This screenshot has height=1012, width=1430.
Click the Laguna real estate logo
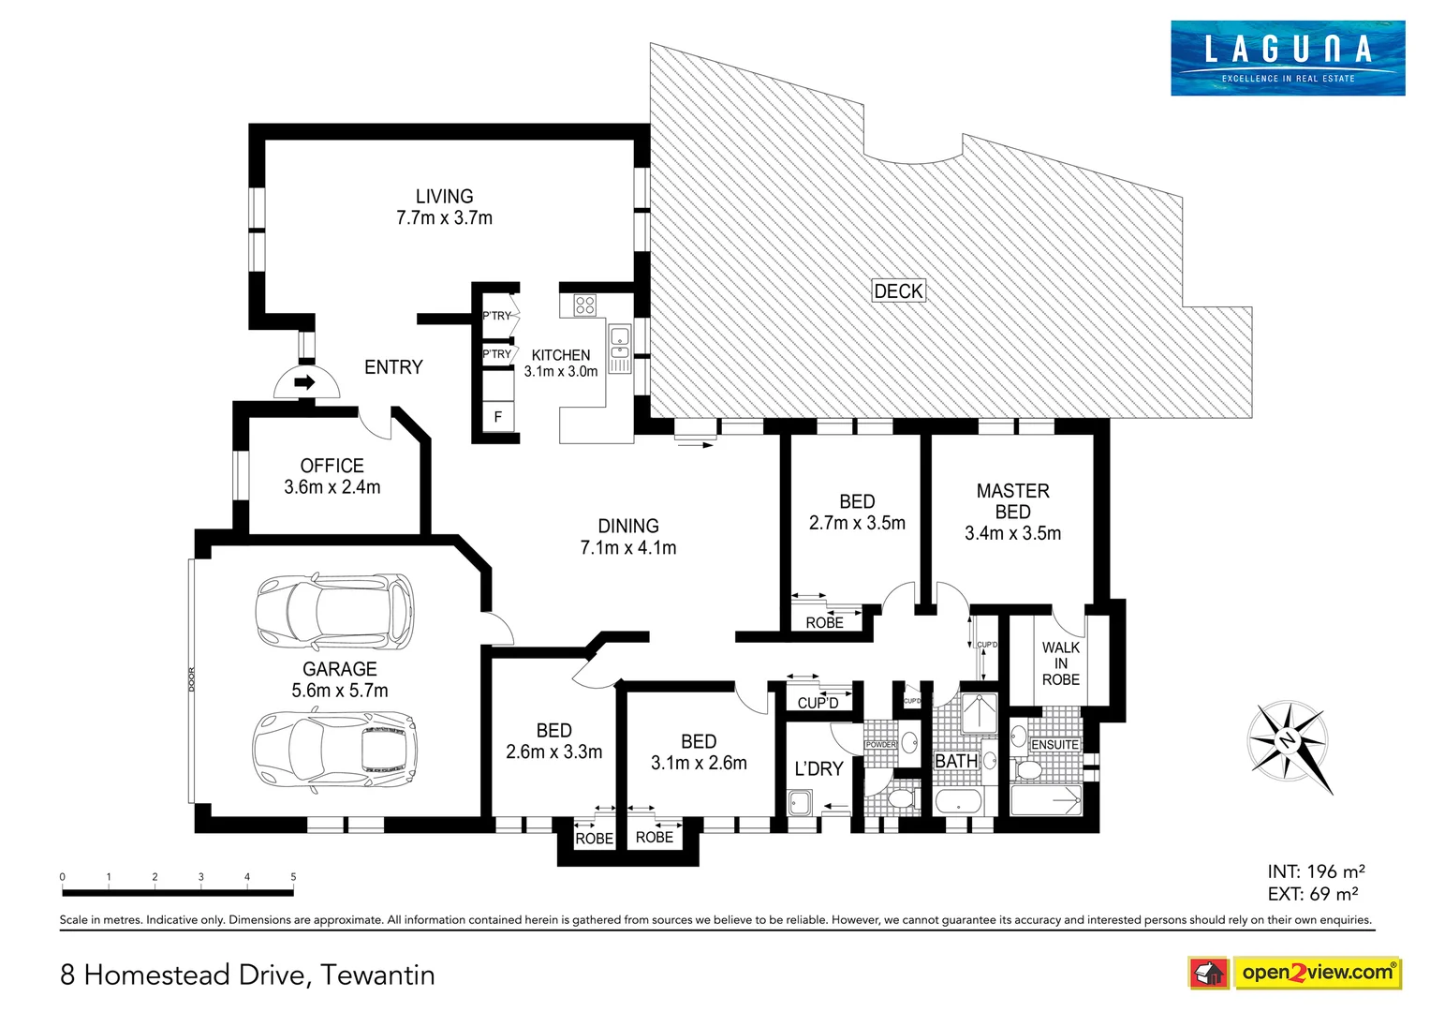[x=1287, y=58]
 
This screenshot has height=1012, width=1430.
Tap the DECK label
[x=898, y=291]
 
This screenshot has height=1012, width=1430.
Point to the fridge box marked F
[x=497, y=417]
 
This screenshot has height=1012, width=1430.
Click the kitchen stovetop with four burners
[x=585, y=305]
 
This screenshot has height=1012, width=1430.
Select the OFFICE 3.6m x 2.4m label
[x=332, y=476]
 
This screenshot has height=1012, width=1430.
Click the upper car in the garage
[x=334, y=612]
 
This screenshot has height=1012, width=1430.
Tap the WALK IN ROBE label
[x=1060, y=663]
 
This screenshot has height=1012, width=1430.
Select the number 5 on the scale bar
[x=293, y=877]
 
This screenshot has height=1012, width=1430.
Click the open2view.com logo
[x=1294, y=973]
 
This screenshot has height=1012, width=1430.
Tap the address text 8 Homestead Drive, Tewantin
[x=247, y=975]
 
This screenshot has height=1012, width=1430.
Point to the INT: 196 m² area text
[x=1315, y=871]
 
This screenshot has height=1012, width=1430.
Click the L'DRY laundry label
[x=818, y=769]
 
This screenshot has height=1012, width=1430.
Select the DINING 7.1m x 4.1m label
[x=627, y=537]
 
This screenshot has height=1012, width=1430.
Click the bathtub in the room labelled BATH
[x=958, y=802]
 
